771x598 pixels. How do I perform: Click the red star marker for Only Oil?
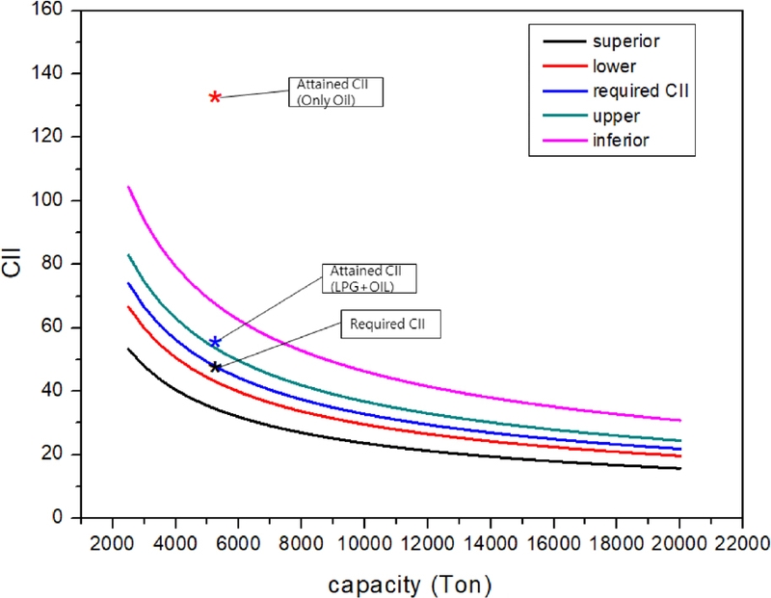click(x=216, y=96)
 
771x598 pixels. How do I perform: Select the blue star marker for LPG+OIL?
click(x=216, y=342)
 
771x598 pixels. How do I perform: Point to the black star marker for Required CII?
click(x=216, y=367)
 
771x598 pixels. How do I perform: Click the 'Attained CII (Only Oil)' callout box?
click(x=335, y=91)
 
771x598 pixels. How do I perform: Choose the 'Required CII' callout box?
click(x=390, y=324)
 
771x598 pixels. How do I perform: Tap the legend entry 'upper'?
click(x=618, y=116)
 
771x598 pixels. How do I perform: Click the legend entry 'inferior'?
click(x=622, y=141)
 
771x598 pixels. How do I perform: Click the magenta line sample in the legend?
click(x=563, y=141)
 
